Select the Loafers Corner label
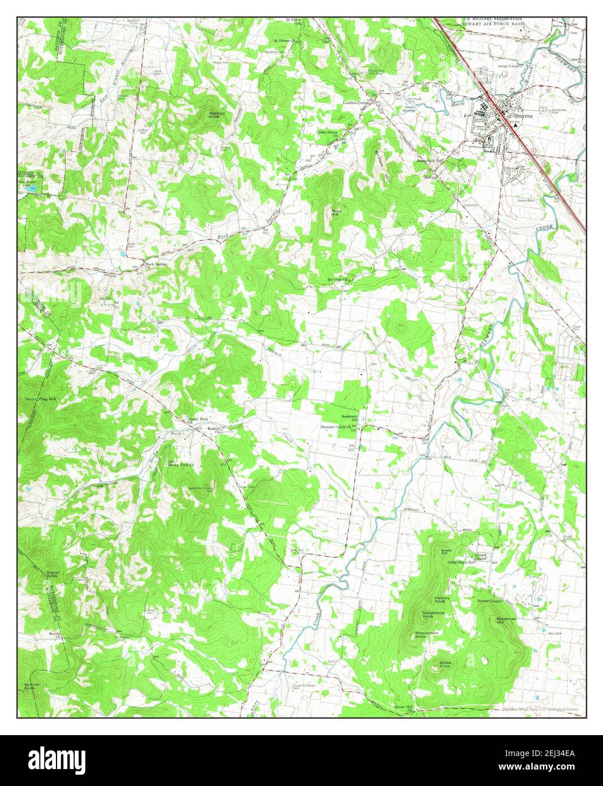pos(357,103)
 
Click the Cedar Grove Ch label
pos(327,134)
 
